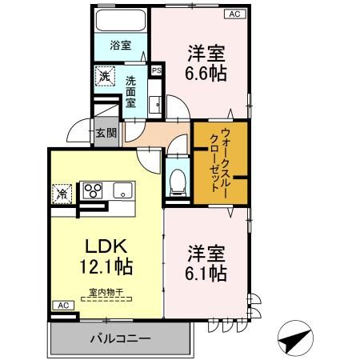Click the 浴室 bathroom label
(120, 46)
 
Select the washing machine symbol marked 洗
(105, 77)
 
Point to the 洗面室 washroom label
(133, 92)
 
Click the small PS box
(157, 70)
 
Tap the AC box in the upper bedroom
(235, 14)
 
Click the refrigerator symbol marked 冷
(62, 192)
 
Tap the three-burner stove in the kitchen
(93, 191)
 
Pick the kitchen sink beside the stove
(122, 190)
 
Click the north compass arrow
(297, 338)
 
